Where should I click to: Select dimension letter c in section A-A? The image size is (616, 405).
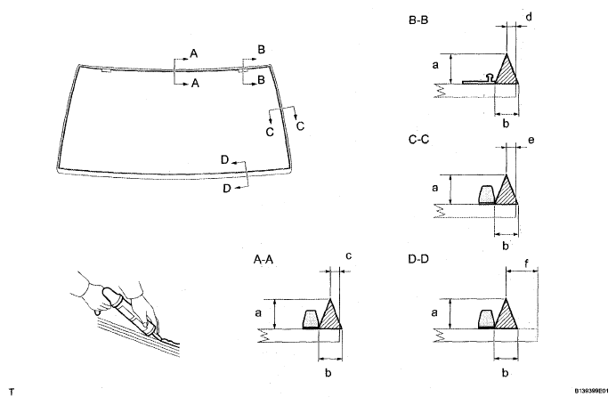[349, 256]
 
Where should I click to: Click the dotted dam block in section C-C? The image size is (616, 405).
[487, 194]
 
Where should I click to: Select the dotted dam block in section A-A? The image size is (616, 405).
[312, 320]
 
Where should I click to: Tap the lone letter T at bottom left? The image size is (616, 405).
[12, 391]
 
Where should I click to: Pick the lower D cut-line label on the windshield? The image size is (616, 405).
[227, 190]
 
